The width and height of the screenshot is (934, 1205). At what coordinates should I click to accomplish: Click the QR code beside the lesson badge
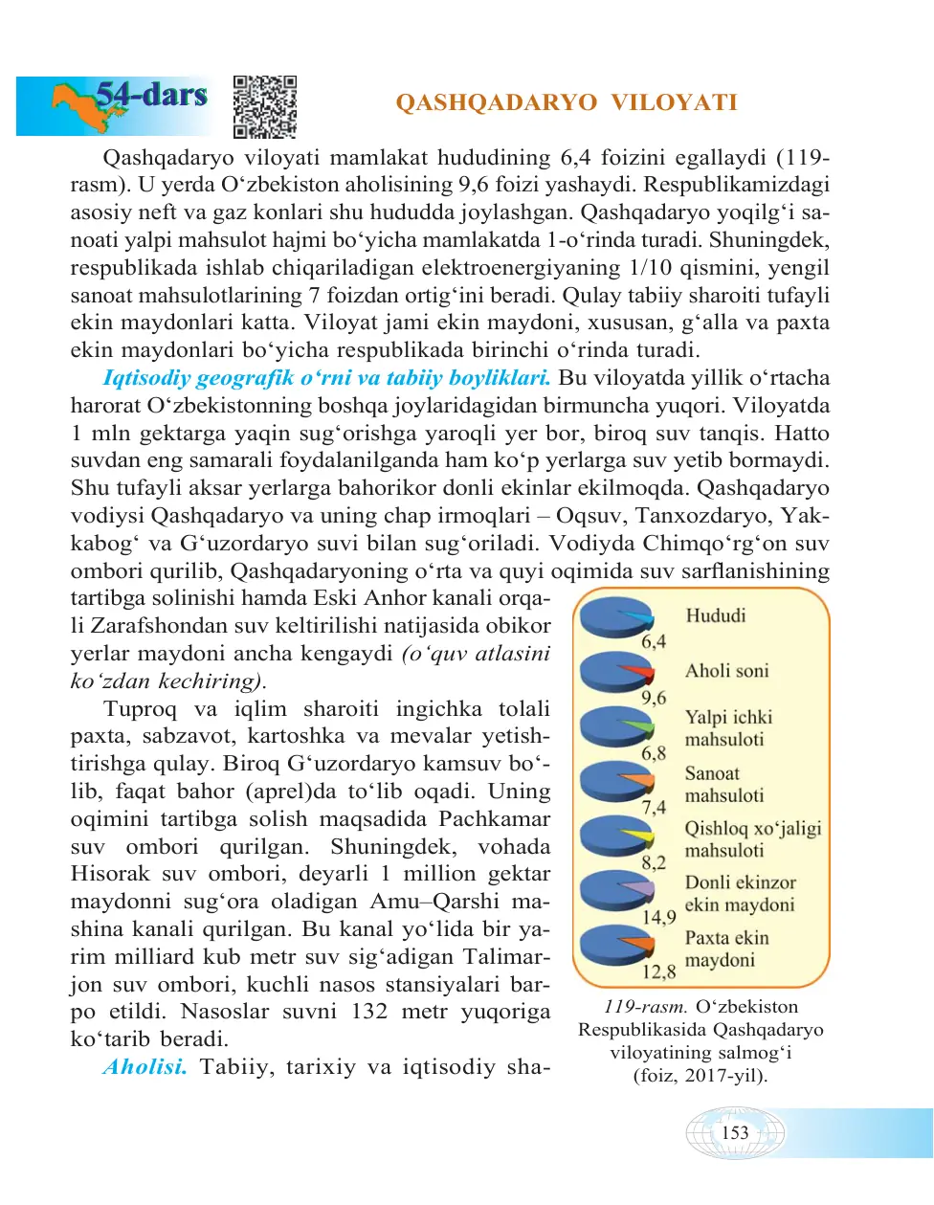pos(265,106)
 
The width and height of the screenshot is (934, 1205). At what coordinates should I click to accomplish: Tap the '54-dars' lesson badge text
pos(151,95)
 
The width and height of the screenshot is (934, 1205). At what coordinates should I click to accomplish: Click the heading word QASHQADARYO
pos(497,102)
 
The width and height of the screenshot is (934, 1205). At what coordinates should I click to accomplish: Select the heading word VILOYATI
pos(674,102)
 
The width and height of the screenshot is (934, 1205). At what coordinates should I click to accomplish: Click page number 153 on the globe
pos(735,1133)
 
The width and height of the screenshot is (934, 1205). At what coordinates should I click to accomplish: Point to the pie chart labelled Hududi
pos(615,618)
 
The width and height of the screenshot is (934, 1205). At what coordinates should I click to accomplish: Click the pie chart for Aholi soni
pos(615,673)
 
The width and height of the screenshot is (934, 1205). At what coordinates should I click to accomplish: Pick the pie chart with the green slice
pos(615,727)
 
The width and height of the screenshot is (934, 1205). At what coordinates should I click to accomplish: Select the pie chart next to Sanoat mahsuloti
pos(615,782)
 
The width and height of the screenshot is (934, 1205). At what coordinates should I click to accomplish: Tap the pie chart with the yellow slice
pos(615,837)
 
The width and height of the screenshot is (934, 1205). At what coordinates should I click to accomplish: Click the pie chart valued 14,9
pos(615,891)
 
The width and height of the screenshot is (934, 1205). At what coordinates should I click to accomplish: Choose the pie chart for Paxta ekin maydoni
pos(615,946)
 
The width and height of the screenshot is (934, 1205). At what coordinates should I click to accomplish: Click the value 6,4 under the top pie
pos(654,642)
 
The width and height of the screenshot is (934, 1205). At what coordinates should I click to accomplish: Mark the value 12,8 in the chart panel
pos(658,972)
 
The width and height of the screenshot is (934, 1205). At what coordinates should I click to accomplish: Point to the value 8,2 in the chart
pos(654,862)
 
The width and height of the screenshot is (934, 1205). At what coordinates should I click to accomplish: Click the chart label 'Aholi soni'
pos(726,671)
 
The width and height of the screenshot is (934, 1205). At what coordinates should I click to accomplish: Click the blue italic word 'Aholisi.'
pos(145,1067)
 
